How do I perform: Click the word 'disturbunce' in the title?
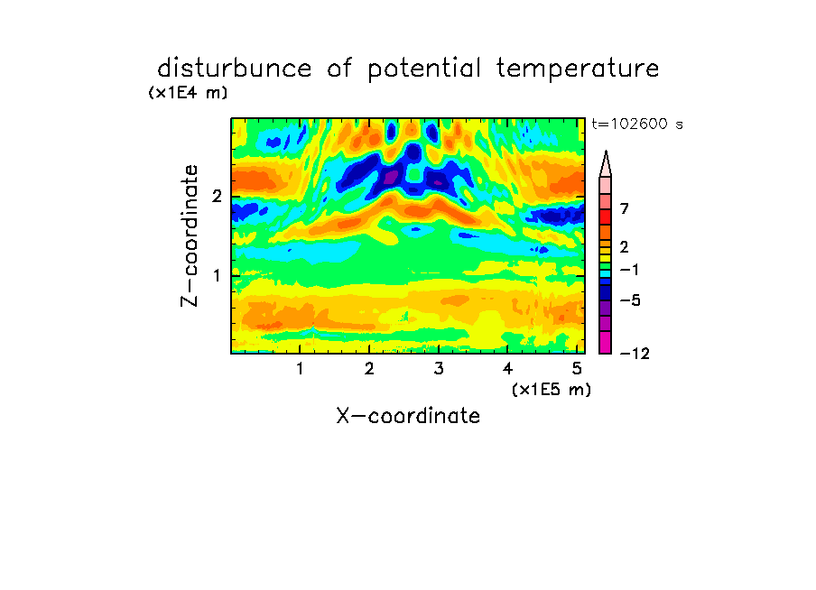coord(234,69)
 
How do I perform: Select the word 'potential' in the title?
coord(423,69)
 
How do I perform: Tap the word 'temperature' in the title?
coord(577,69)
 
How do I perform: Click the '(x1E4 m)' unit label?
coord(188,93)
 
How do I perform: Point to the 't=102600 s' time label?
coord(637,124)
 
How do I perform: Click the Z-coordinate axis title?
coord(190,235)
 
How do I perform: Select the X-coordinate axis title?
coord(408,416)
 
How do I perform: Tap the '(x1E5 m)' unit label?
coord(552,390)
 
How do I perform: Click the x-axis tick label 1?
coord(301,369)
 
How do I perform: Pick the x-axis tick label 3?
coord(439,369)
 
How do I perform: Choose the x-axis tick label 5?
coord(577,369)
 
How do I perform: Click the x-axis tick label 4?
coord(507,369)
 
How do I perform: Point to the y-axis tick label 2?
coord(217,197)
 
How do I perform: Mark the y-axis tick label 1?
coord(217,275)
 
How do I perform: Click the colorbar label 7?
coord(625,209)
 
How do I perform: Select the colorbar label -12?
coord(635,354)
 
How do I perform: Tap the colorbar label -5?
coord(630,300)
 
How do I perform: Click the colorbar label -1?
coord(629,270)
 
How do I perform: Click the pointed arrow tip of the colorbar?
coord(606,151)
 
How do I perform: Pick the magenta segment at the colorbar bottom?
coord(606,342)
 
